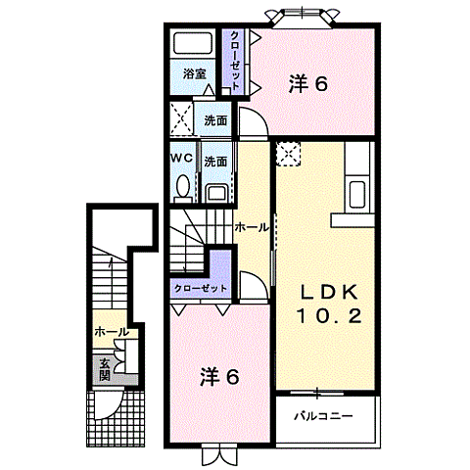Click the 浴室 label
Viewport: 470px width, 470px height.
(194, 72)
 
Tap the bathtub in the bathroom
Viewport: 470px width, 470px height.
(193, 45)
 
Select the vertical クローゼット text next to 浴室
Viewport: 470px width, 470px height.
(235, 61)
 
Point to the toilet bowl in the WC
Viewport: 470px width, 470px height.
(181, 186)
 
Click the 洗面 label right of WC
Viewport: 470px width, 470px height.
(216, 161)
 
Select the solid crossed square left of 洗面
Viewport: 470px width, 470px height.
(181, 119)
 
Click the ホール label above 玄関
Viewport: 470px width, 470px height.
(110, 333)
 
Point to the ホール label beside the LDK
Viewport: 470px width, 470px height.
(253, 227)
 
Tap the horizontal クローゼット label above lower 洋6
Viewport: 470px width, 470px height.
(201, 289)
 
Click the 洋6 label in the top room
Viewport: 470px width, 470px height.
(307, 84)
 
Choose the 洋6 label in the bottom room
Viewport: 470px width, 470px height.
(220, 375)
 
